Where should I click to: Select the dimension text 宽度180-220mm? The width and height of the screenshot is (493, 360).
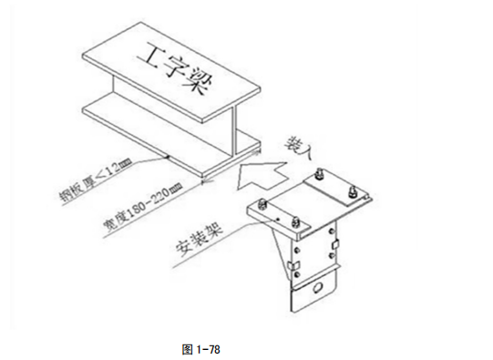tap(145, 206)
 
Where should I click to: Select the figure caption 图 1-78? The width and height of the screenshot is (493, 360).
tap(202, 348)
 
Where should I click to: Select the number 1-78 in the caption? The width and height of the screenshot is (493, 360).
tap(209, 348)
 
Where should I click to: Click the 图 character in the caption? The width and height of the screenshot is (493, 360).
tap(188, 348)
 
